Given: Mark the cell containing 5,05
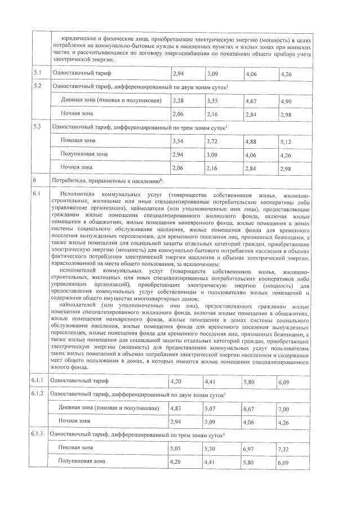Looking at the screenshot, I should click(177, 447).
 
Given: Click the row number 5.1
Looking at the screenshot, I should click(37, 73).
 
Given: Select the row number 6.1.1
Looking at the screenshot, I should click(38, 382).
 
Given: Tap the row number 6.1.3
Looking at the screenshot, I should click(38, 433).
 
